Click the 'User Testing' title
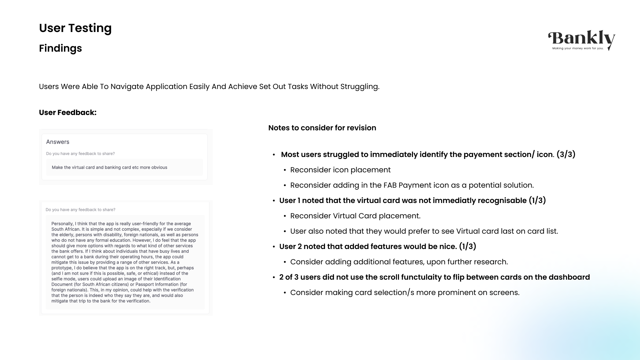[75, 28]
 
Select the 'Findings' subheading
[60, 48]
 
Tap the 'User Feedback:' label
[68, 113]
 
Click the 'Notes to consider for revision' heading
[322, 128]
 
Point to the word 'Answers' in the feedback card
[58, 142]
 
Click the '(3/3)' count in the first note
[566, 155]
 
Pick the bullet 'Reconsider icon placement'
[340, 170]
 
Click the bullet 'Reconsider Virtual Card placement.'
[355, 216]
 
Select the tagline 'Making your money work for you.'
[578, 48]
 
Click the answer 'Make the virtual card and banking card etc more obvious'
[109, 168]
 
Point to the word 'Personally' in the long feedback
[62, 224]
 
